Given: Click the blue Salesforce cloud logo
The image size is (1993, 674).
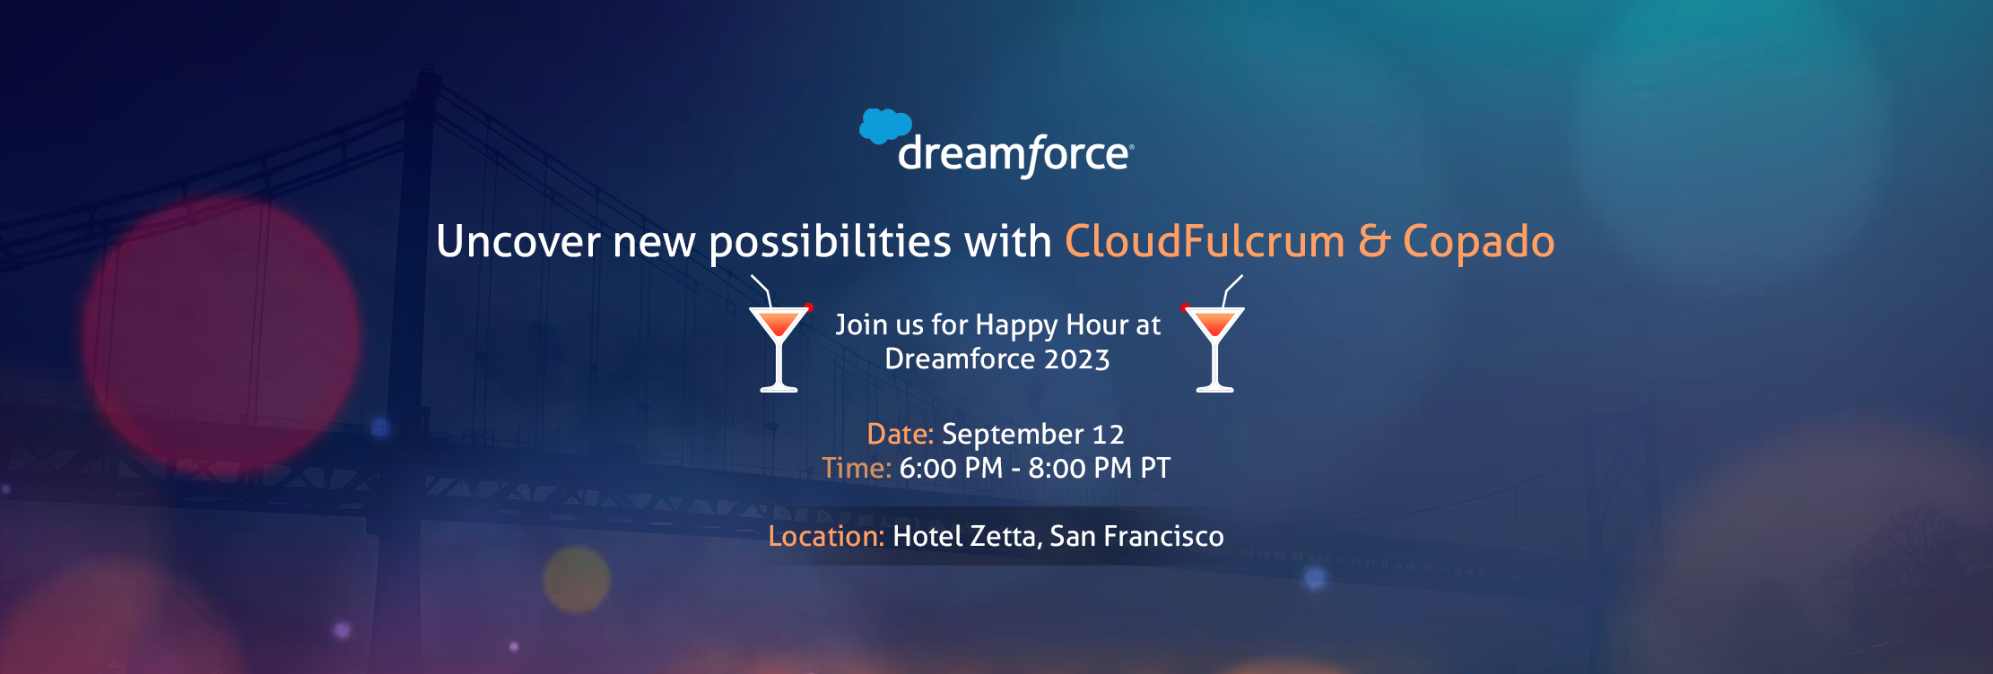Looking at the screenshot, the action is [x=885, y=126].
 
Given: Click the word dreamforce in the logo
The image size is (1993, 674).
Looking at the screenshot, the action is [x=1015, y=155].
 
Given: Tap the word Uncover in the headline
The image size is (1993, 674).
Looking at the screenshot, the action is [x=518, y=241].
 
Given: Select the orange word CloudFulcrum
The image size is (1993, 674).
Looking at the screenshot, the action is [x=1205, y=241].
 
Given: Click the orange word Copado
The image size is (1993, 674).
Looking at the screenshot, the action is [x=1478, y=242].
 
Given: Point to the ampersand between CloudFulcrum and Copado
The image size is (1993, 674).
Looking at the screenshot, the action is [x=1374, y=242].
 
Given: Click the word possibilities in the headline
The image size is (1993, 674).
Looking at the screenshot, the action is [x=830, y=243].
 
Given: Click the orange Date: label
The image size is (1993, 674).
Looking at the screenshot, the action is [x=901, y=434].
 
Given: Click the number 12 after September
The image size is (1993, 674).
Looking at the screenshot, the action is [x=1109, y=435].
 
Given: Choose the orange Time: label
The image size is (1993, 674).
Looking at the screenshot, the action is [x=857, y=468].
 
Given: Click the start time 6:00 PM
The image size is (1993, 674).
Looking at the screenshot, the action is [x=951, y=468].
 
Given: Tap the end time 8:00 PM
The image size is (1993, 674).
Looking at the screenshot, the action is [x=1080, y=468].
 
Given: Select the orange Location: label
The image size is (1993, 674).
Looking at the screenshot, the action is [x=826, y=536].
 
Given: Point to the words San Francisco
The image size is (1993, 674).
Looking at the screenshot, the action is [x=1136, y=536].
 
